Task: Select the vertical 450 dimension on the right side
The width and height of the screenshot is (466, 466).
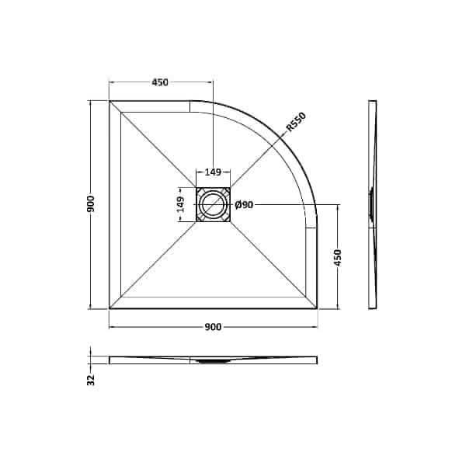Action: (338, 257)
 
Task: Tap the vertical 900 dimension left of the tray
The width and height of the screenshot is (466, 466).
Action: (92, 203)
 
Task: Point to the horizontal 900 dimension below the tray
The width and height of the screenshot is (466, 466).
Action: (214, 326)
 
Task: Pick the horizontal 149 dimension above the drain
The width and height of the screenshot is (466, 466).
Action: (213, 172)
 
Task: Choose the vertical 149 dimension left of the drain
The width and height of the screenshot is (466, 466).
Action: (180, 205)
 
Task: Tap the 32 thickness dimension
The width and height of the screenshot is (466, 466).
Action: (92, 379)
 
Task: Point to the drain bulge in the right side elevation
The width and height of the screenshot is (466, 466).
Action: (372, 203)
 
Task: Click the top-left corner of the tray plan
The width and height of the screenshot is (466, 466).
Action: (110, 101)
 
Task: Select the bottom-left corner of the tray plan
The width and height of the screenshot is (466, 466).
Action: (110, 308)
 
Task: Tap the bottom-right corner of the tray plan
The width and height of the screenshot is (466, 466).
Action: (316, 308)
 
